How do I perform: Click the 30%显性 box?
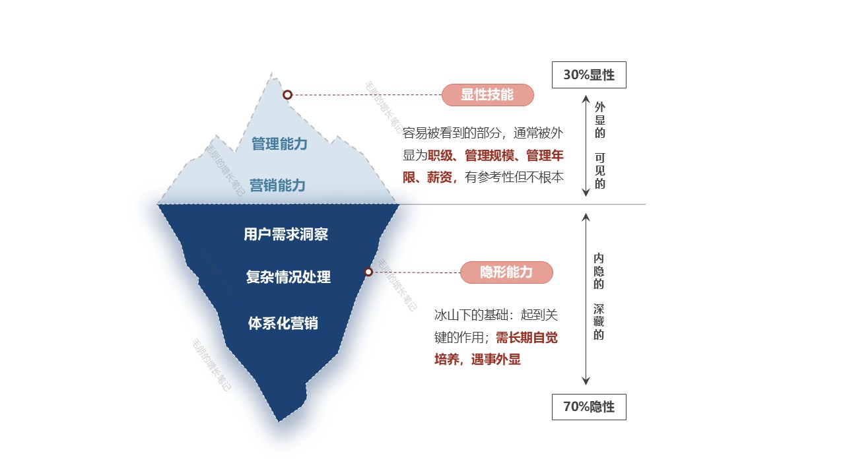click(589, 75)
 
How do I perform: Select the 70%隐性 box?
click(589, 407)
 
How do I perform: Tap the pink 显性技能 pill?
click(487, 95)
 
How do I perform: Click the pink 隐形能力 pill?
click(506, 272)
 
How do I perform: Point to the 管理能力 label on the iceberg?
click(279, 143)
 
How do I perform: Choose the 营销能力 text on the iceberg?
click(277, 185)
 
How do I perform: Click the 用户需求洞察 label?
click(286, 234)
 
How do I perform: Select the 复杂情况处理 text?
click(288, 277)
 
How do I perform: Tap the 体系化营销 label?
click(283, 323)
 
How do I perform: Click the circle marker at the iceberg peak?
click(287, 95)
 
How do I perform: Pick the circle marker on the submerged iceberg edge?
click(368, 272)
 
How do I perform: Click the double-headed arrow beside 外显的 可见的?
click(586, 145)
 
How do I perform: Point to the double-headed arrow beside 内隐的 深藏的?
click(586, 299)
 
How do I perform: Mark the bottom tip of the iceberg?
click(279, 420)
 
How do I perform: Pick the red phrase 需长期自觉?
click(527, 338)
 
